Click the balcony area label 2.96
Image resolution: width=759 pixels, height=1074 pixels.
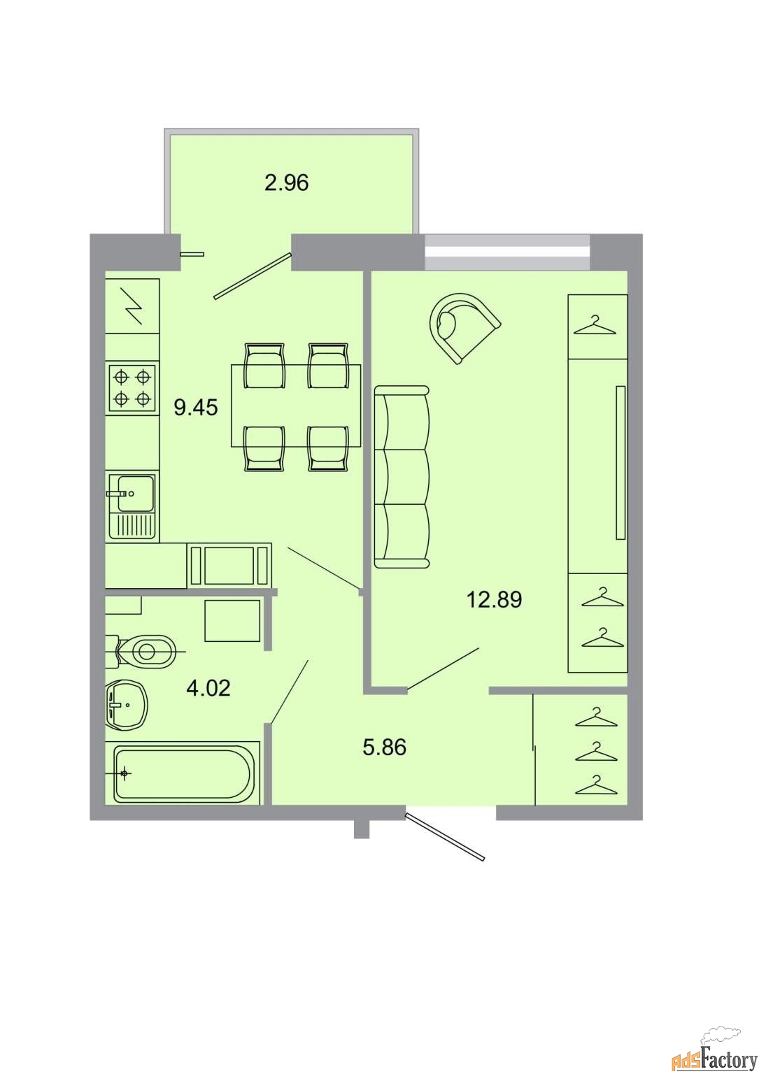tap(286, 182)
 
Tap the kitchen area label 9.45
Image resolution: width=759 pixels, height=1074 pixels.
tap(196, 408)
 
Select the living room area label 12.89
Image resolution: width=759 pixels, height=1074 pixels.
tap(494, 599)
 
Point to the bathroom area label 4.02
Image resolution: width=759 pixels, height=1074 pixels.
tap(208, 688)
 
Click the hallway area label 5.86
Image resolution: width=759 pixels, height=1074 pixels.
tap(384, 747)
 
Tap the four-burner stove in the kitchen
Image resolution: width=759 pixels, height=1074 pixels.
tap(132, 388)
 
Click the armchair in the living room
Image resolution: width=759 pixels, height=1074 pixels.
tap(464, 328)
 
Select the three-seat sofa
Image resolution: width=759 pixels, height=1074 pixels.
tap(401, 477)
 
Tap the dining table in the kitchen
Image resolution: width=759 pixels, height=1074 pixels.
tap(295, 406)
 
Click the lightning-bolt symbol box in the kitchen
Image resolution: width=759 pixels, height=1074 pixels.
tap(132, 306)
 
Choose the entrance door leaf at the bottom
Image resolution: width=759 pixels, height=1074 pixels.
tap(445, 837)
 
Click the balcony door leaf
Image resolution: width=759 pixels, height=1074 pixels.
tap(253, 276)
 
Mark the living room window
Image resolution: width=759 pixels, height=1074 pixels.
tap(507, 252)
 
